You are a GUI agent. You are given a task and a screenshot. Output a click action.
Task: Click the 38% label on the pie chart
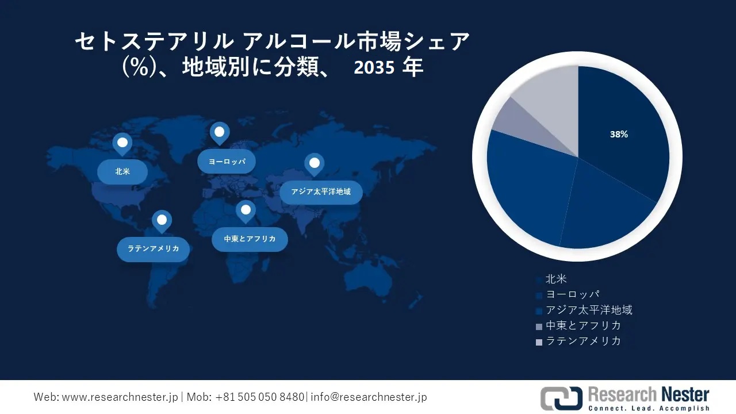tap(619, 135)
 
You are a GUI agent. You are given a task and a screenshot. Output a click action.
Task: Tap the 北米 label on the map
tap(122, 171)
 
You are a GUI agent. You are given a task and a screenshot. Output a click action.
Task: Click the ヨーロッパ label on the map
tap(227, 162)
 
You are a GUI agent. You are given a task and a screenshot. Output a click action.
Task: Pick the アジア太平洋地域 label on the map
tap(321, 191)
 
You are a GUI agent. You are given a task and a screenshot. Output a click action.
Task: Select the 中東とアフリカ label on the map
tap(250, 239)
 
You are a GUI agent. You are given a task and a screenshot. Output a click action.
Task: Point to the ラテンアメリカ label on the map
tap(153, 249)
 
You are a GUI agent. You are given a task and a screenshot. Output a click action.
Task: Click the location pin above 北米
tap(122, 143)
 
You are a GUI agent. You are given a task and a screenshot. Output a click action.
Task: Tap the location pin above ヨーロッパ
tap(219, 133)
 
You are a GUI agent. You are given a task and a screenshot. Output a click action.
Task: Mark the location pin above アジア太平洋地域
tap(314, 164)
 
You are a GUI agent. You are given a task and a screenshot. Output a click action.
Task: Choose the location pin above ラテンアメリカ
tap(162, 220)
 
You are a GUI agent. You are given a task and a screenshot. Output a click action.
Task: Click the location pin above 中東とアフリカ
tap(246, 210)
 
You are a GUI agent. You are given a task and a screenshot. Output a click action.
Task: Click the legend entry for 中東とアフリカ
tap(582, 325)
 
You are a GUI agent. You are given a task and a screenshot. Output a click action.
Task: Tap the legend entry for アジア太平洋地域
tap(588, 310)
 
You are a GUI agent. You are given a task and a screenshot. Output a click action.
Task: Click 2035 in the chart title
tap(374, 68)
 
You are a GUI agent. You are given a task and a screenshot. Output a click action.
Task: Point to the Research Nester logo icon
tap(560, 398)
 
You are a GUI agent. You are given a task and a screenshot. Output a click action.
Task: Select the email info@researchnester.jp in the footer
tap(369, 397)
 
